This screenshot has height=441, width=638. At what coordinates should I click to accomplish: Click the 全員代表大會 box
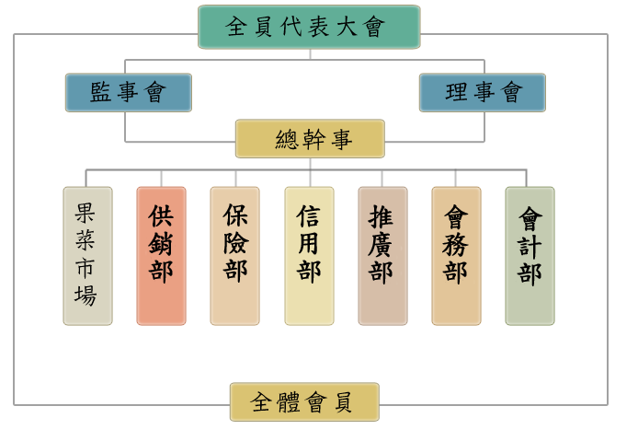[x=309, y=27]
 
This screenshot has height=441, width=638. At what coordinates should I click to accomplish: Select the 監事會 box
[x=128, y=92]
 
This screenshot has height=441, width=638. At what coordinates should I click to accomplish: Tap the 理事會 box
[x=482, y=92]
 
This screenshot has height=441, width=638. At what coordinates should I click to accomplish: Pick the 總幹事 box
[x=309, y=139]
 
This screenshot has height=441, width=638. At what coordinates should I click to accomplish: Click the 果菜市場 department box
[x=87, y=256]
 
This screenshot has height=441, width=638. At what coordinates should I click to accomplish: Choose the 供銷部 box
[x=161, y=256]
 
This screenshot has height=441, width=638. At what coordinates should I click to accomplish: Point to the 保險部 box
[x=234, y=256]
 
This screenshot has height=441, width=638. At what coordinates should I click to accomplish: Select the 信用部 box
[x=309, y=256]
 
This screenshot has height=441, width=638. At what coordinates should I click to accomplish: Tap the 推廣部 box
[x=382, y=256]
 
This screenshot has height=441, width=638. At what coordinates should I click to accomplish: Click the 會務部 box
[x=456, y=256]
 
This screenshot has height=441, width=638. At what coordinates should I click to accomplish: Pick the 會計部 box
[x=530, y=256]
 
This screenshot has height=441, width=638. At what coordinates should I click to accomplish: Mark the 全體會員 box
[x=304, y=402]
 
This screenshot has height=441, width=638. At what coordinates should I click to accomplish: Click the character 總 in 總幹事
[x=287, y=139]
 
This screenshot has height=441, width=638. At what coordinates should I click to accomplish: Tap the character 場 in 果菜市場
[x=85, y=296]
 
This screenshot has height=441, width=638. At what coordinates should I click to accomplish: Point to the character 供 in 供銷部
[x=161, y=217]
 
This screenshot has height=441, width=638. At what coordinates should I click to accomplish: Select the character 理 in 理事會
[x=456, y=92]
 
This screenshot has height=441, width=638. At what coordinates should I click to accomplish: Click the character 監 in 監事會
[x=101, y=92]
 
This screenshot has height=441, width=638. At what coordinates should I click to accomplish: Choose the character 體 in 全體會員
[x=288, y=402]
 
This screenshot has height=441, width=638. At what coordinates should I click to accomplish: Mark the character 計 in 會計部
[x=530, y=247]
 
